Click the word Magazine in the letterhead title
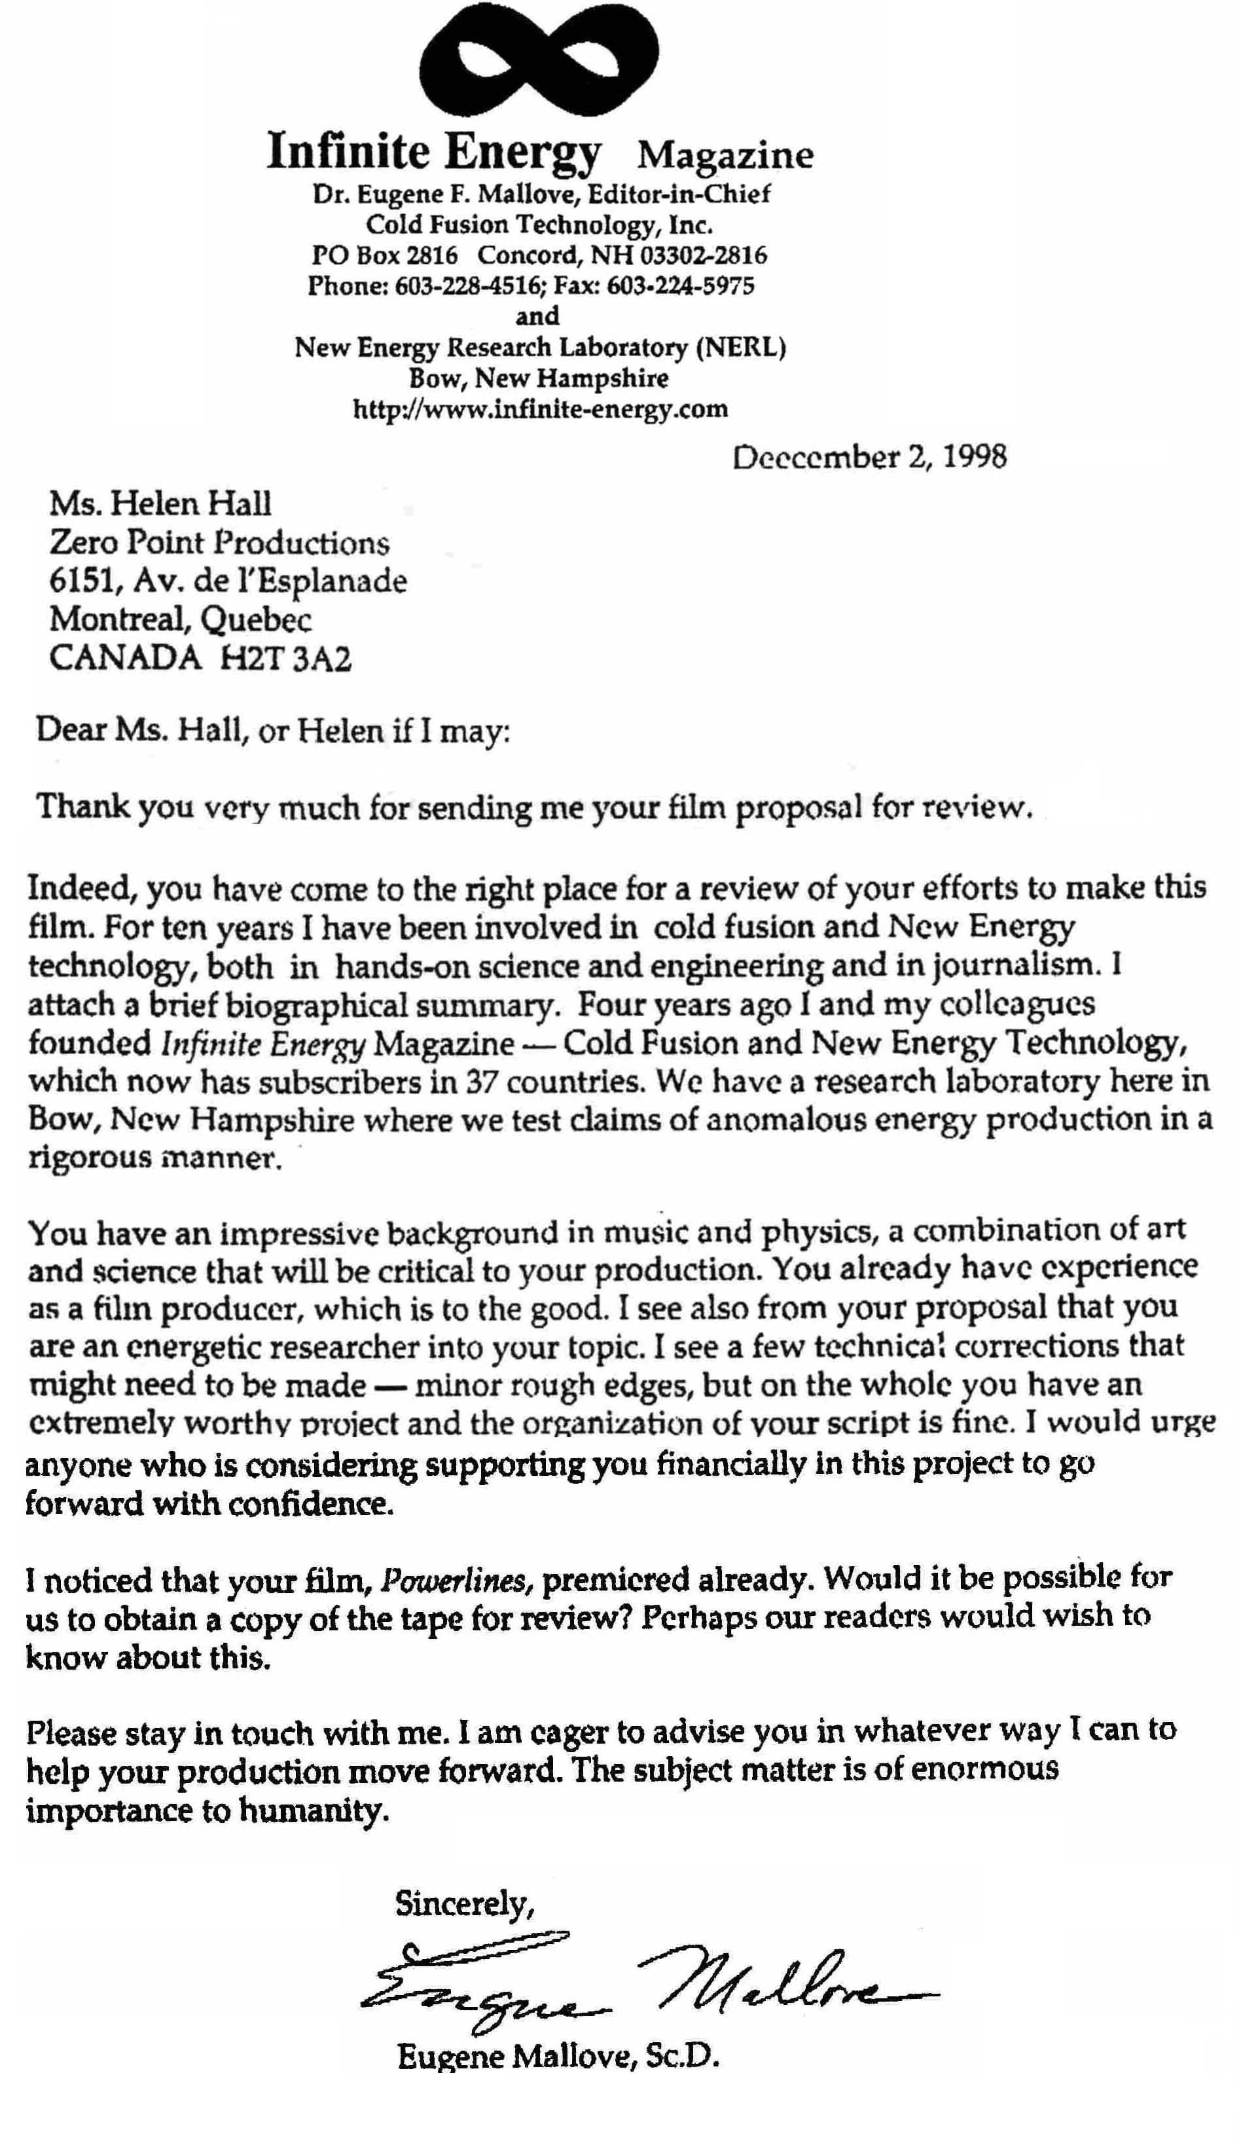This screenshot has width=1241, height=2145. point(725,156)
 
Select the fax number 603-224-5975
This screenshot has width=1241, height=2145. point(681,285)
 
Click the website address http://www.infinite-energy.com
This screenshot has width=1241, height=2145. point(541,409)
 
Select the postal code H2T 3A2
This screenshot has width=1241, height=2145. point(285,659)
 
